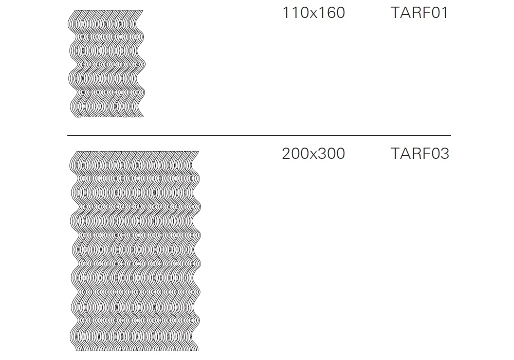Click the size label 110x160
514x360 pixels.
tap(314, 13)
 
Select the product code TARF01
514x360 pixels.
tap(419, 13)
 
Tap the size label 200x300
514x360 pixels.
tap(314, 153)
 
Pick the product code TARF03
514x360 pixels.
tap(419, 153)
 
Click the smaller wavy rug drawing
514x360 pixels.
tap(106, 64)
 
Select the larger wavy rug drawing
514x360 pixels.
tap(135, 251)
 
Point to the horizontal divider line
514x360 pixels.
tap(259, 135)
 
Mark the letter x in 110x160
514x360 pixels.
tap(314, 14)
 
